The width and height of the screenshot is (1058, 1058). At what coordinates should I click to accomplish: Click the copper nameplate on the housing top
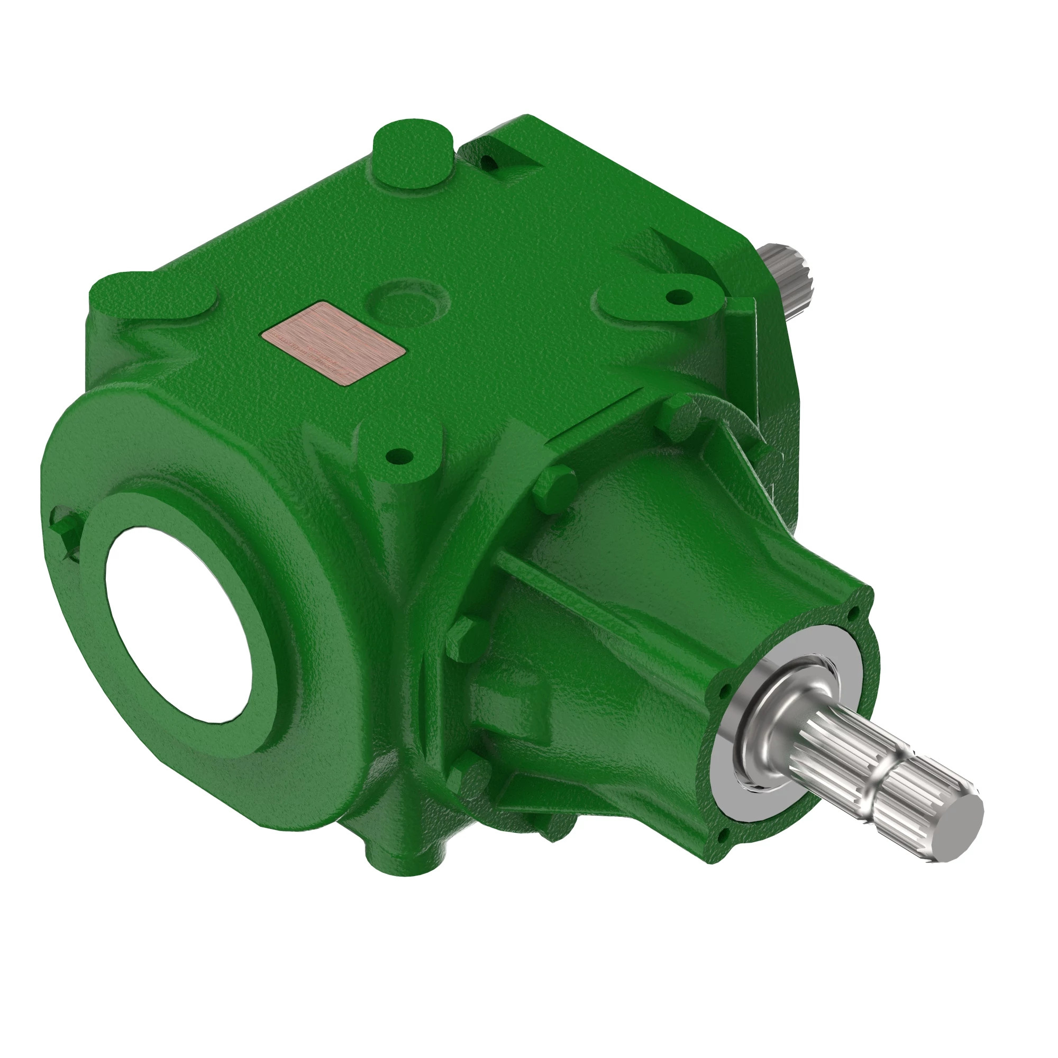(x=333, y=343)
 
